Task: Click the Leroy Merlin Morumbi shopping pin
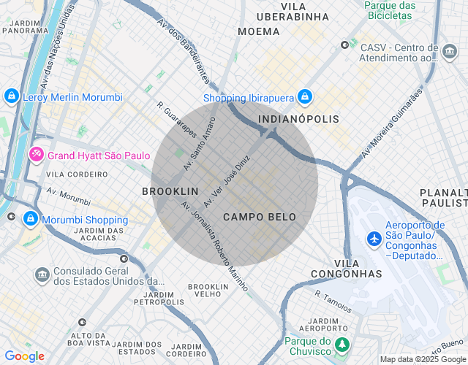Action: [11, 96]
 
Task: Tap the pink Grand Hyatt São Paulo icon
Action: [36, 155]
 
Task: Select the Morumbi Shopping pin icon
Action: [31, 218]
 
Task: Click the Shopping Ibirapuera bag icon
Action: [305, 97]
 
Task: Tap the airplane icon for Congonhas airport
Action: [374, 239]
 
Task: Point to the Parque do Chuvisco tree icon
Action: [341, 343]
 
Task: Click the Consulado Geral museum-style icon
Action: [42, 274]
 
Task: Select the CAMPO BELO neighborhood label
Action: [260, 217]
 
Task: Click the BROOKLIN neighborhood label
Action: [170, 191]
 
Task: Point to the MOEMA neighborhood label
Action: [259, 31]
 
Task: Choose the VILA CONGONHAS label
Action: [347, 268]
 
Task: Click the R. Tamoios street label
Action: [333, 301]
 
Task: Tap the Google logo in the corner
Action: [24, 356]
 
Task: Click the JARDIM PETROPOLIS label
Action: [159, 297]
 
